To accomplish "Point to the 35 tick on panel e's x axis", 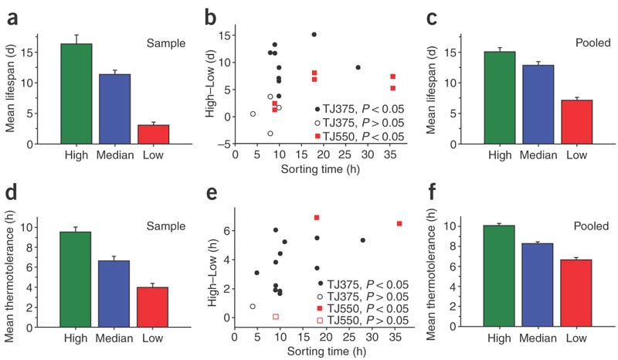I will click(396, 337).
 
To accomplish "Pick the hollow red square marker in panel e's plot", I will click(276, 317).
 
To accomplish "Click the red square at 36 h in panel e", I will click(399, 223).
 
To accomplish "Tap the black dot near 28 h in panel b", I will click(358, 67).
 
